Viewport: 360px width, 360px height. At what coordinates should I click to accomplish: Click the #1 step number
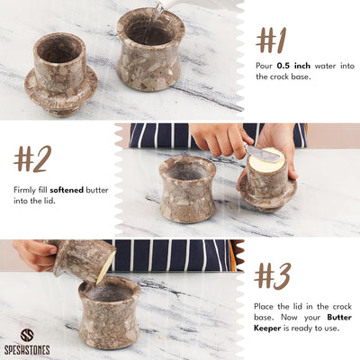pos(271,40)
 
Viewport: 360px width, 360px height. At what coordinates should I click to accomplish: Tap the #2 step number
pos(32,158)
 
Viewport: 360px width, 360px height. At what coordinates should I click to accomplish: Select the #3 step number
pos(273,276)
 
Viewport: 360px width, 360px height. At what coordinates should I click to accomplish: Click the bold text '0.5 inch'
pos(293,66)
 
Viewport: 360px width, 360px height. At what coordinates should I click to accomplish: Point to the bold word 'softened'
pos(67,190)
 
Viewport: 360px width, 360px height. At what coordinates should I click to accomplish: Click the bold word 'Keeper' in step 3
pos(267,328)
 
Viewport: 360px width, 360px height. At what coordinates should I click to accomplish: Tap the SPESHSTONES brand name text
pos(27,350)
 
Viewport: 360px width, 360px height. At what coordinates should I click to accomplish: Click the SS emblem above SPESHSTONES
pos(27,336)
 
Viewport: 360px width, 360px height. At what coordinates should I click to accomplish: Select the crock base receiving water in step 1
pos(150,49)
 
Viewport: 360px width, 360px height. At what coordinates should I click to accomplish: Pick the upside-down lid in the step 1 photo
pos(61,75)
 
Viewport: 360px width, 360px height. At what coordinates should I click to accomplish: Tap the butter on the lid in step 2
pos(266,159)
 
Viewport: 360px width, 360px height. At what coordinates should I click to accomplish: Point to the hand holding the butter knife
pos(220,139)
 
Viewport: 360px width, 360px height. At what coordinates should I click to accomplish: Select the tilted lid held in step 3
pos(83,260)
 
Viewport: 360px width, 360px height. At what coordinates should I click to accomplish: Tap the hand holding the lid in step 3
pos(35,255)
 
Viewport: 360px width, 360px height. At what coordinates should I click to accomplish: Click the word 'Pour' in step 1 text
pos(265,66)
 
